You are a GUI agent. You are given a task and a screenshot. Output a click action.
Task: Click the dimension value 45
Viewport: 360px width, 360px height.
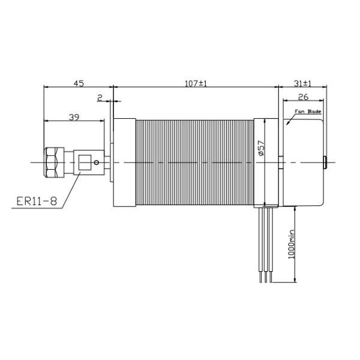click(x=79, y=83)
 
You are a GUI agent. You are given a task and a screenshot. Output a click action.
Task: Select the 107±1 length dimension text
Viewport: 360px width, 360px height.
click(x=196, y=83)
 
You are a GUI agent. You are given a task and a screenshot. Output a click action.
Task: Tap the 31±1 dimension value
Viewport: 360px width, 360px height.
click(x=302, y=83)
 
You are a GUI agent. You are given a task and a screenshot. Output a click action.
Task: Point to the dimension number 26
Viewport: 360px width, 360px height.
click(x=303, y=97)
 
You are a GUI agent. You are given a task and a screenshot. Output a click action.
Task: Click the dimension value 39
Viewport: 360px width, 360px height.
click(x=74, y=118)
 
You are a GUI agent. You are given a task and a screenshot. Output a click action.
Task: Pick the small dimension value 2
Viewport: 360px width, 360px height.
click(x=100, y=98)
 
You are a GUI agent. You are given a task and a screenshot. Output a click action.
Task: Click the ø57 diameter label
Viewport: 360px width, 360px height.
click(x=261, y=148)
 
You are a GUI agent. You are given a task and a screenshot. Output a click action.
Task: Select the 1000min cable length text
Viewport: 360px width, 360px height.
click(x=291, y=244)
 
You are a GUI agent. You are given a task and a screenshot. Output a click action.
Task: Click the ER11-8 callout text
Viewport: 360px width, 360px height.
click(x=37, y=202)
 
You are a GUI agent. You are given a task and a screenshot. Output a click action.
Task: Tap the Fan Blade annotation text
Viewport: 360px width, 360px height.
click(x=308, y=112)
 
